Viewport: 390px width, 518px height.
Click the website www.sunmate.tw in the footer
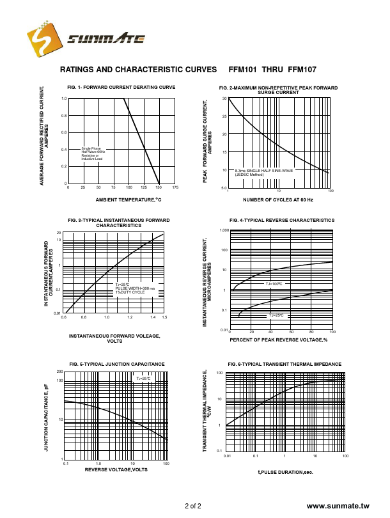339,506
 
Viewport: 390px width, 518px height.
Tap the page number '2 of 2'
193,506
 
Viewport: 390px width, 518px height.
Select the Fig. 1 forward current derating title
121,86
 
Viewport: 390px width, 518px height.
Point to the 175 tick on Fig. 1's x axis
175,187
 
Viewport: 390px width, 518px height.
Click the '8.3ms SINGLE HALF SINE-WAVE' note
264,171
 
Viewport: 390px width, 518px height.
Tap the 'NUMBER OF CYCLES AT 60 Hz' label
277,200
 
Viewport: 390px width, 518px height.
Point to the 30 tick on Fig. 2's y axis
224,98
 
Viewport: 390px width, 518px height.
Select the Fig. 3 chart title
119,223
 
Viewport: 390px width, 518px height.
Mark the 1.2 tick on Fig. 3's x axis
129,317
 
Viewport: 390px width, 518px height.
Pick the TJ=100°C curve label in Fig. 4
274,283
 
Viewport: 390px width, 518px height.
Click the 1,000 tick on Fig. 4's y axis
224,230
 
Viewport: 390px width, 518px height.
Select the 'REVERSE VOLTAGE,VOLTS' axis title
116,469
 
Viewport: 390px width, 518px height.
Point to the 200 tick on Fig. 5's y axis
59,372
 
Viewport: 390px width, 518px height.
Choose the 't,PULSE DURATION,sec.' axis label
285,471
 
